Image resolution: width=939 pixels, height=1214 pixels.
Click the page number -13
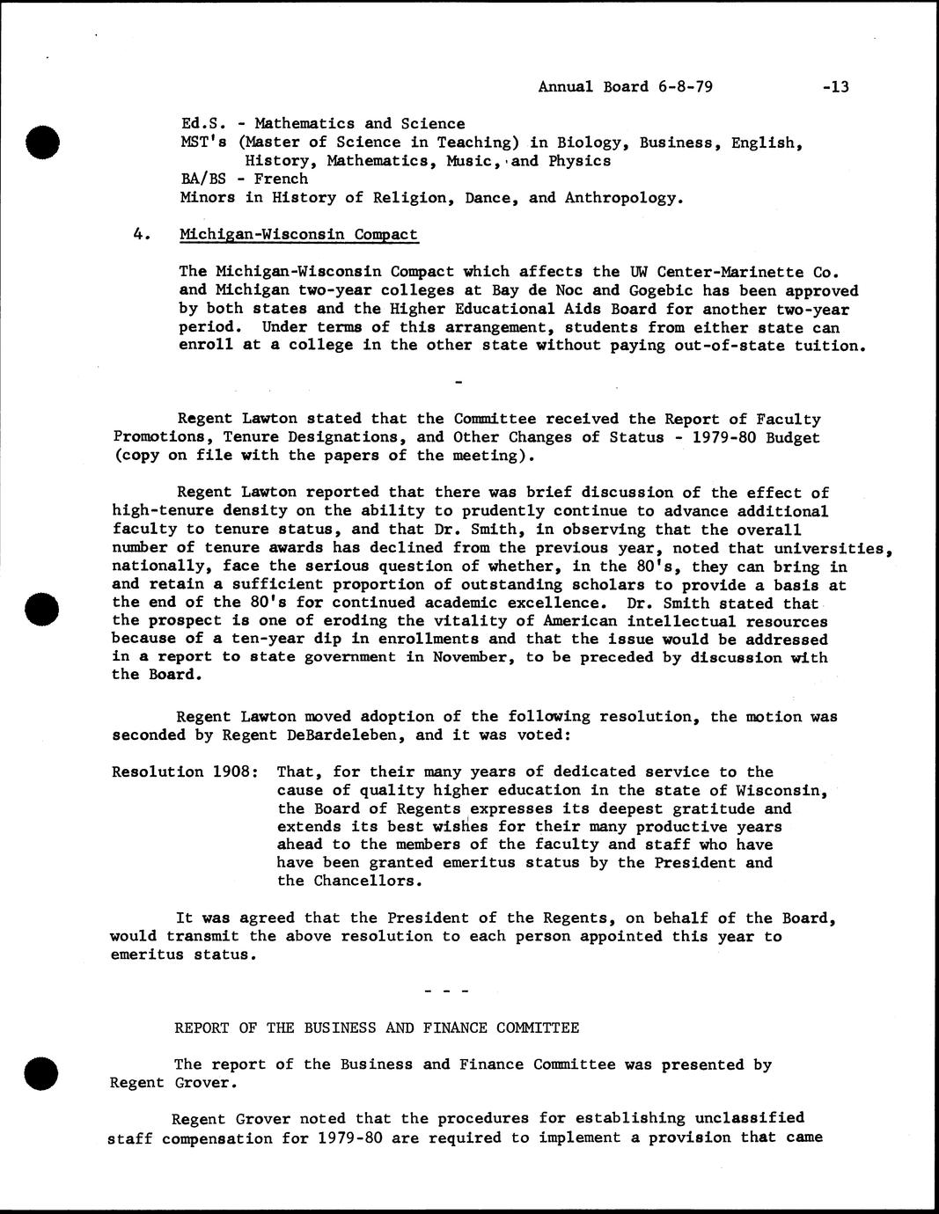click(x=832, y=86)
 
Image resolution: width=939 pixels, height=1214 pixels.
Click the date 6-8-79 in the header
click(x=684, y=86)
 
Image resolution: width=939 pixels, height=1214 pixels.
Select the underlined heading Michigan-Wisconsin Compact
click(x=299, y=234)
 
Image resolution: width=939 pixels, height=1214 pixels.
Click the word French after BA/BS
click(x=282, y=179)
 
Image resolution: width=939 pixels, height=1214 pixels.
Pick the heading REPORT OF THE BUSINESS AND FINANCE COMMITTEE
click(x=377, y=1028)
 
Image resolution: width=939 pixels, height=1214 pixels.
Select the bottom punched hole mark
click(x=40, y=1072)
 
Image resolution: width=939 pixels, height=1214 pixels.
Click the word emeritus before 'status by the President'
click(x=481, y=862)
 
